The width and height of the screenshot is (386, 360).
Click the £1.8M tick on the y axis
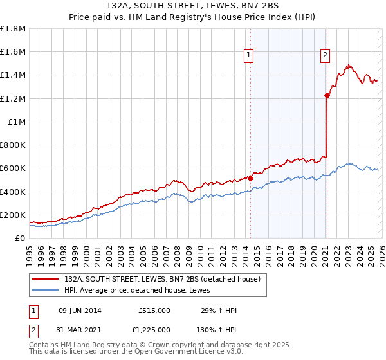click(13, 29)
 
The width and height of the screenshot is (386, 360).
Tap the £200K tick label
click(13, 215)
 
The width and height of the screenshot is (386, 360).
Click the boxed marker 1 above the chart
click(250, 56)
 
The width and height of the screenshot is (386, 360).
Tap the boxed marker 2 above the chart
click(326, 56)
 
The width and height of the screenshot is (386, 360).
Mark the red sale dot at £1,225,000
click(327, 96)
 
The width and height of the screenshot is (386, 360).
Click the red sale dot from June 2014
click(250, 178)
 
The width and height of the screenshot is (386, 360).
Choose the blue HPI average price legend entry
click(142, 291)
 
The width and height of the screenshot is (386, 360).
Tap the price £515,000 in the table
click(154, 310)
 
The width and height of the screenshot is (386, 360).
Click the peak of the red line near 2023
click(348, 65)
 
